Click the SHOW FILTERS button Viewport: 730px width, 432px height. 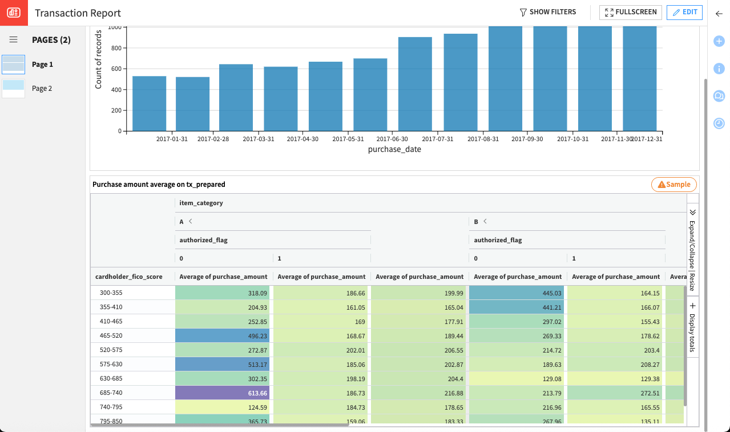pos(547,12)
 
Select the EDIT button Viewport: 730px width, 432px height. pos(684,12)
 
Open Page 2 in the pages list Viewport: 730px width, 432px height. pos(42,89)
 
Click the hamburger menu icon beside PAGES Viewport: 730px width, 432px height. pos(14,39)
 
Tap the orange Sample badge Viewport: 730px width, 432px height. pos(674,185)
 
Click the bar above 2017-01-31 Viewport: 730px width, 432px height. pos(149,103)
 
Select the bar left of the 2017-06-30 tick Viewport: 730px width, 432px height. pos(370,94)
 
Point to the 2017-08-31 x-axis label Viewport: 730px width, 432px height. pos(483,139)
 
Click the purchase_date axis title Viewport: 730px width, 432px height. pos(394,150)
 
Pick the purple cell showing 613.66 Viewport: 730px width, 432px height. pos(223,393)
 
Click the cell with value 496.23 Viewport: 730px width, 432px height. pos(223,335)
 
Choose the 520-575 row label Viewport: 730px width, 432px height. pos(111,350)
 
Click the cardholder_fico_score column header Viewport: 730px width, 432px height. pos(129,277)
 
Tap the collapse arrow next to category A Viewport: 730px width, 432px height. pos(191,221)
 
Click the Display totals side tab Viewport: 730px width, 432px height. pos(692,329)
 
